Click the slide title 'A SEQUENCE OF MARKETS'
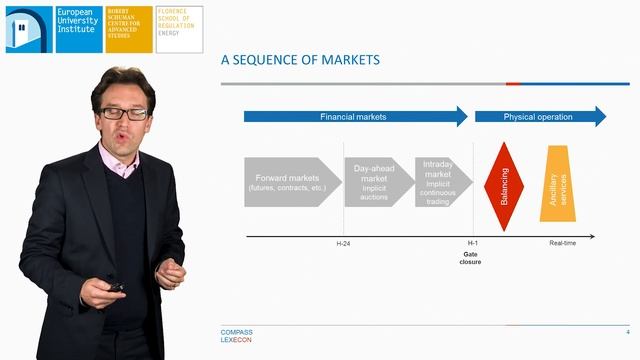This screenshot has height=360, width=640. coord(300,60)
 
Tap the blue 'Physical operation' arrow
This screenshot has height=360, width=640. coord(538,117)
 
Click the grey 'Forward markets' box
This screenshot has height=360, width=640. coord(291,182)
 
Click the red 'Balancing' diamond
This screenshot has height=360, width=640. coord(503,186)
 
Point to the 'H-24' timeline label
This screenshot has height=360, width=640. coord(344,243)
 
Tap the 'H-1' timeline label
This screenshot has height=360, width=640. coord(473,243)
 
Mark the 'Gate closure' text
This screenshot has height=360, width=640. coord(471,259)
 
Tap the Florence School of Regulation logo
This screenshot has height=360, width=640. coord(179,29)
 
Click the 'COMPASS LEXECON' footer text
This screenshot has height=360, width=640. coord(237,335)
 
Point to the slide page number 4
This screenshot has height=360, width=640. coord(627,331)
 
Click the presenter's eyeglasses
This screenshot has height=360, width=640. coord(124,113)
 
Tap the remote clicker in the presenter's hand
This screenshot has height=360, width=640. coord(116,287)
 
